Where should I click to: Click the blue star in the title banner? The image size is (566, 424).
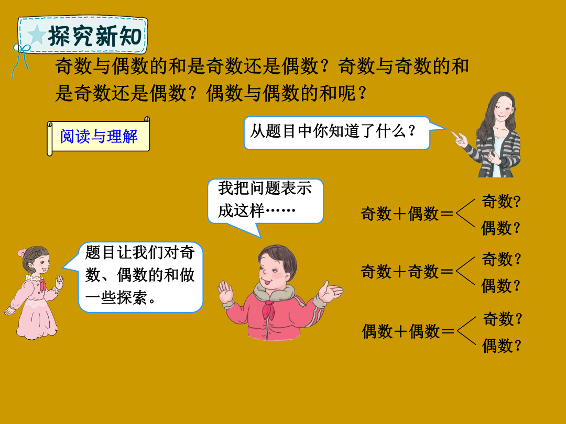click(36, 35)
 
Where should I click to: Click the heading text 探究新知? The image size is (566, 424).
click(94, 36)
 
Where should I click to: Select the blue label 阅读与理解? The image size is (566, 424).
click(99, 137)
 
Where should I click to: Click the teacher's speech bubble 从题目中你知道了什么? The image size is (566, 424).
click(336, 132)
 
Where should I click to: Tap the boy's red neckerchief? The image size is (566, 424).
click(268, 309)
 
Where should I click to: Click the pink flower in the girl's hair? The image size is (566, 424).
click(22, 252)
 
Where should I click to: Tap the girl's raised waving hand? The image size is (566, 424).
click(59, 282)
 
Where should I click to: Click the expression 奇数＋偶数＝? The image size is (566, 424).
click(407, 214)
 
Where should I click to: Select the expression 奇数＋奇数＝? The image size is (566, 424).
click(407, 272)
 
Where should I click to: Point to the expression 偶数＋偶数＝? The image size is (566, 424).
click(408, 331)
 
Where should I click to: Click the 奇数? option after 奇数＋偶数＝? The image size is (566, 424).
click(502, 201)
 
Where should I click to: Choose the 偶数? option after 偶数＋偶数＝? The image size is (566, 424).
click(502, 345)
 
